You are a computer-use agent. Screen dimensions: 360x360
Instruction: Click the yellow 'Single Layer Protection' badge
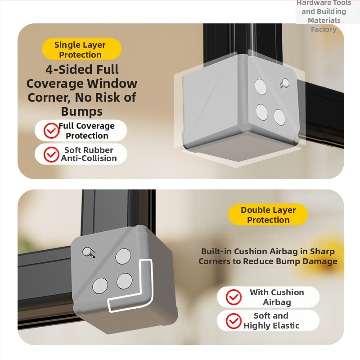click(x=81, y=49)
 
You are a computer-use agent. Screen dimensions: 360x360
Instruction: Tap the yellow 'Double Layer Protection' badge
click(x=268, y=215)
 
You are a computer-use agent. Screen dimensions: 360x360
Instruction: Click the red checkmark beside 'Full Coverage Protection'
click(x=51, y=130)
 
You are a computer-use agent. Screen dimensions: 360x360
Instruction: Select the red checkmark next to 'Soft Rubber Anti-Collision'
click(x=51, y=154)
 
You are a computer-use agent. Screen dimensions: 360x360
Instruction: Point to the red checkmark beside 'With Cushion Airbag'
click(x=234, y=297)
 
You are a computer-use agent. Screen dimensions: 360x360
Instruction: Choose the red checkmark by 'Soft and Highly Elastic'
click(x=234, y=321)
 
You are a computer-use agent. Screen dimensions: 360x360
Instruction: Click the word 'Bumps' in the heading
click(x=82, y=112)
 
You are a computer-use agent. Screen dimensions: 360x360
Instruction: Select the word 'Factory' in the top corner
click(x=324, y=29)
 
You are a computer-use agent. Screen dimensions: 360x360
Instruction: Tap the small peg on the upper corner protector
click(x=285, y=84)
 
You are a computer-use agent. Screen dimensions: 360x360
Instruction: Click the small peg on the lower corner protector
click(x=88, y=252)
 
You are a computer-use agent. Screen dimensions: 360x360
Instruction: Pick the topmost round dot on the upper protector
click(x=261, y=87)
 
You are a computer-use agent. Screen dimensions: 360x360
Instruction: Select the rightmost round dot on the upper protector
click(x=279, y=117)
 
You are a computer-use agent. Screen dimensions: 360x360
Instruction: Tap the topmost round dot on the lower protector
click(x=123, y=256)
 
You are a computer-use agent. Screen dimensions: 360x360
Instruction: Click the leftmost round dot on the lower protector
click(x=100, y=286)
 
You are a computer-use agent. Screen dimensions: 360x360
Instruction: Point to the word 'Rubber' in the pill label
click(x=101, y=150)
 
